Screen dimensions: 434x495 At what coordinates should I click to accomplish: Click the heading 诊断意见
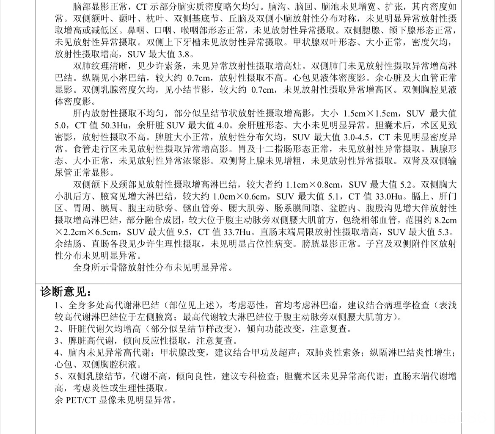tap(66, 292)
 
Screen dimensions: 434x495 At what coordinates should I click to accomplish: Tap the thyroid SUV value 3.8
tap(186, 54)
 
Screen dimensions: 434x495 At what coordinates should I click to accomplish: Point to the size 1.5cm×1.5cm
tap(369, 113)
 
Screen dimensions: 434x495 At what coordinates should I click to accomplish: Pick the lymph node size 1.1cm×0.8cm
tap(313, 185)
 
